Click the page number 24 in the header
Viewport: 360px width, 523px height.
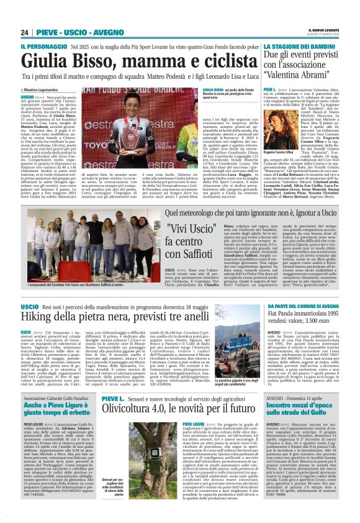tap(25, 32)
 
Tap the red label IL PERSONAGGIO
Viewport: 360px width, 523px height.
tap(43, 47)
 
